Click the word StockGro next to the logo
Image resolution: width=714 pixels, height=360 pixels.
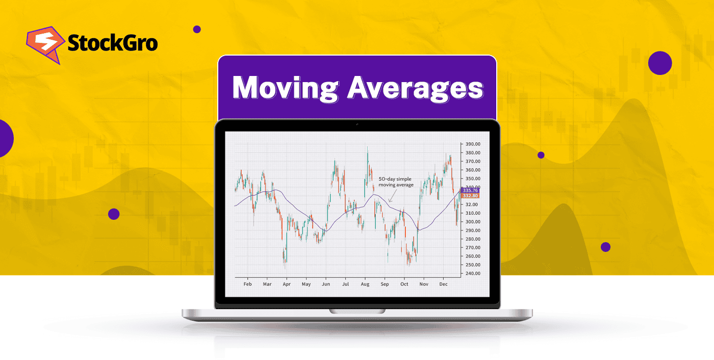click(x=113, y=43)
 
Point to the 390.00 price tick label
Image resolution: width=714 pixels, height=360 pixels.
click(x=473, y=144)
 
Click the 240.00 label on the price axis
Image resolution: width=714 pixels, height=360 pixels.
click(x=473, y=273)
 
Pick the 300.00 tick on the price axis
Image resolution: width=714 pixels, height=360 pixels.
click(x=473, y=222)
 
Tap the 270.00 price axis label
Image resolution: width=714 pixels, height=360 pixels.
click(x=473, y=247)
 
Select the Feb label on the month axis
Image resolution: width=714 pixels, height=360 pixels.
click(x=247, y=284)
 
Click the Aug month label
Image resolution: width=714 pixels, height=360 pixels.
click(x=365, y=284)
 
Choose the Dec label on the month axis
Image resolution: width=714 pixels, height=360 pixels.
click(x=443, y=284)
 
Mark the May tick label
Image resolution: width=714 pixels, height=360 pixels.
click(x=306, y=284)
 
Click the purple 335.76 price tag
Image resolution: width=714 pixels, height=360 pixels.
click(x=469, y=191)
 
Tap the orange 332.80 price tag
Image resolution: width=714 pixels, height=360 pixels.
click(x=469, y=196)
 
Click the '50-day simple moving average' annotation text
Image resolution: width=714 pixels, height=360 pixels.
click(x=395, y=182)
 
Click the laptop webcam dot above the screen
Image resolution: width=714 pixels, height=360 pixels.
click(x=357, y=124)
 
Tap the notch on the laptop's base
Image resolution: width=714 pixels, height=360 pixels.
click(x=357, y=311)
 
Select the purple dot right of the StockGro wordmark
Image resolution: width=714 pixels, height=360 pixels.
click(x=197, y=30)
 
